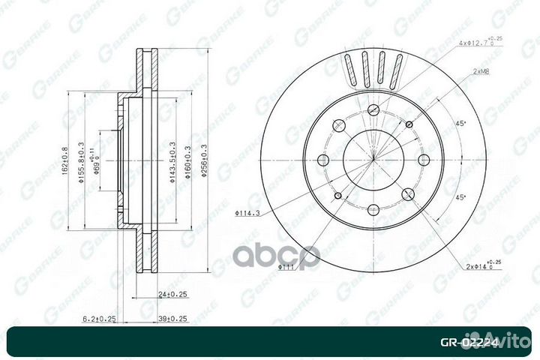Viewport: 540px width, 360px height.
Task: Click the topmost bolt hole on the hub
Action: (373, 110)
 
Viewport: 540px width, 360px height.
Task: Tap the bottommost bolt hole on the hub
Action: (373, 208)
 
